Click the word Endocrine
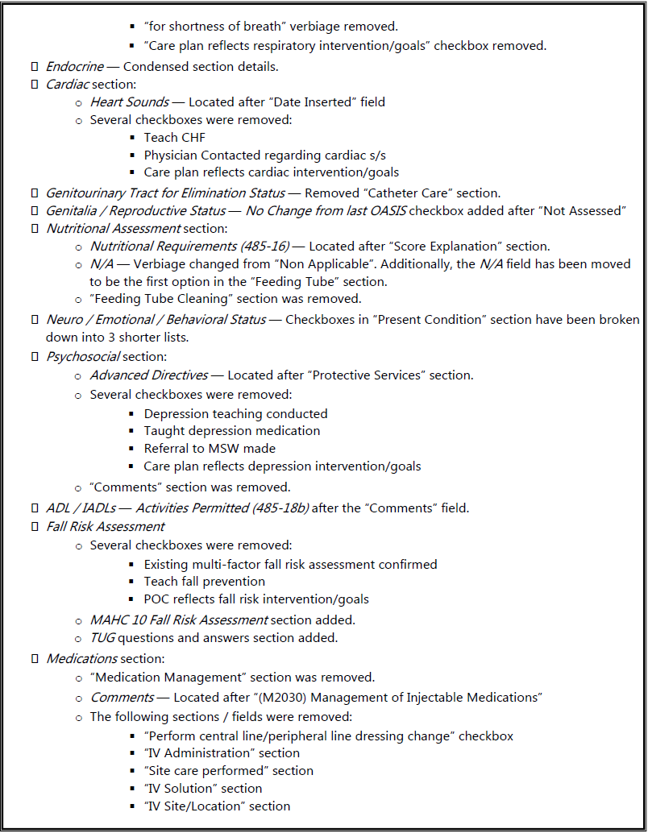tap(75, 67)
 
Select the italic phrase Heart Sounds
tap(129, 102)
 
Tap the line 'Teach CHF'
tap(175, 138)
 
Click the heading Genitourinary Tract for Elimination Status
tap(165, 193)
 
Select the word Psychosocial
tap(83, 356)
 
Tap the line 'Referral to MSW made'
tap(210, 449)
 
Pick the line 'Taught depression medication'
tap(232, 431)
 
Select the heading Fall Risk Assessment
tap(105, 527)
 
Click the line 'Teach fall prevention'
tap(205, 582)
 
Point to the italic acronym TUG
tap(102, 638)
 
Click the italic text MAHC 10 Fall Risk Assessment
tap(179, 620)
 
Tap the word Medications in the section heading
tap(81, 659)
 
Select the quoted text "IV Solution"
tap(179, 789)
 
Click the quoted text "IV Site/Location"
tap(193, 806)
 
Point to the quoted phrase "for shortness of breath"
tap(214, 27)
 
